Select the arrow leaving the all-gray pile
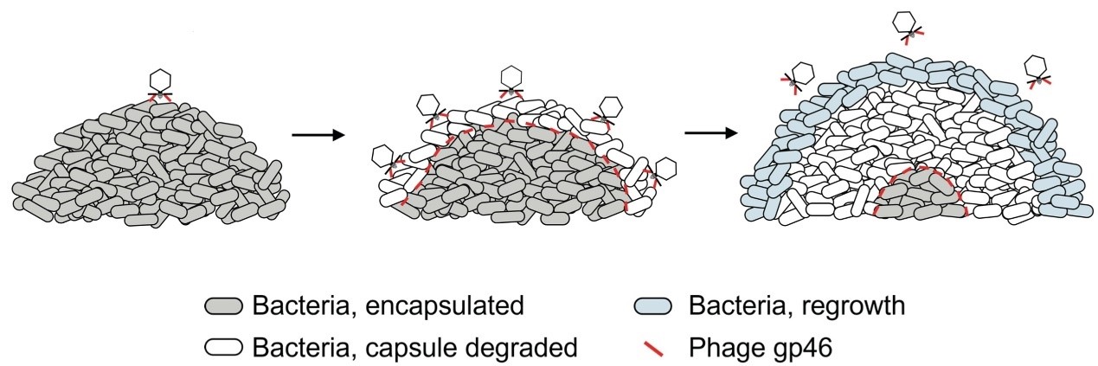point(318,134)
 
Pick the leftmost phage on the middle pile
point(383,157)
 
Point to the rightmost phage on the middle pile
point(665,170)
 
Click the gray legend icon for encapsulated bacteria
point(225,306)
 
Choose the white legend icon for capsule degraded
point(225,349)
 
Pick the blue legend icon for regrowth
point(654,306)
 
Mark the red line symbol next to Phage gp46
point(654,349)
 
